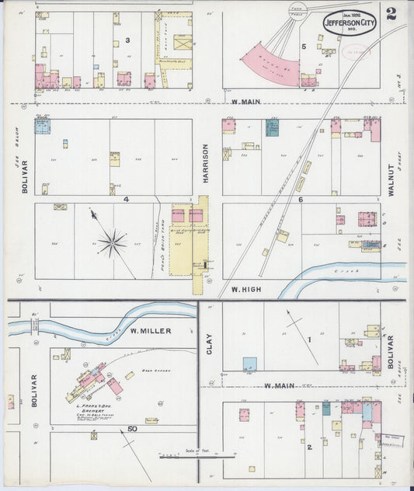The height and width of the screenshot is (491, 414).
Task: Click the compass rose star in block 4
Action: [x=112, y=242]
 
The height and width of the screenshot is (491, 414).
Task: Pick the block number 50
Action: [x=133, y=429]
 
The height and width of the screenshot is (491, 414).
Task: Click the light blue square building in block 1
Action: [x=249, y=364]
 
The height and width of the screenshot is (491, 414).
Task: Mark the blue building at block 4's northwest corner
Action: [x=42, y=127]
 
